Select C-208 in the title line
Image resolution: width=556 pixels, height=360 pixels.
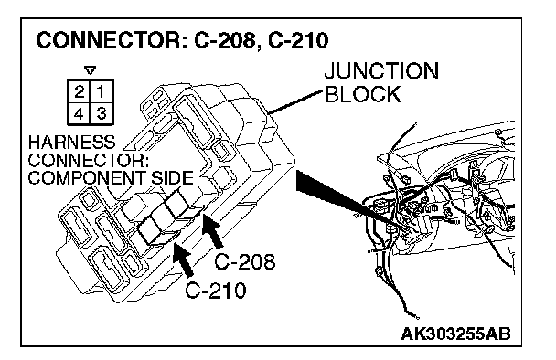pos(225,40)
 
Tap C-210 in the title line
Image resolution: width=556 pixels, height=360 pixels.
pos(298,40)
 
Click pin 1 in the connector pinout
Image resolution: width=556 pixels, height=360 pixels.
pos(102,91)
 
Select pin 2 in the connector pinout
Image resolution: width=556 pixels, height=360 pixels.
pos(80,91)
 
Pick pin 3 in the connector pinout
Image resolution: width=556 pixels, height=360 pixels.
pos(102,113)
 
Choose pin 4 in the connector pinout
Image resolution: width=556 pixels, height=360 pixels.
pos(80,113)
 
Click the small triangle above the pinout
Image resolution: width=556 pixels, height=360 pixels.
pos(91,70)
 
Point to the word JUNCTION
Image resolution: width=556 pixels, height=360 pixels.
pos(381,71)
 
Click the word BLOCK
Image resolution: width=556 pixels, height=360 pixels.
pos(363,94)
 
